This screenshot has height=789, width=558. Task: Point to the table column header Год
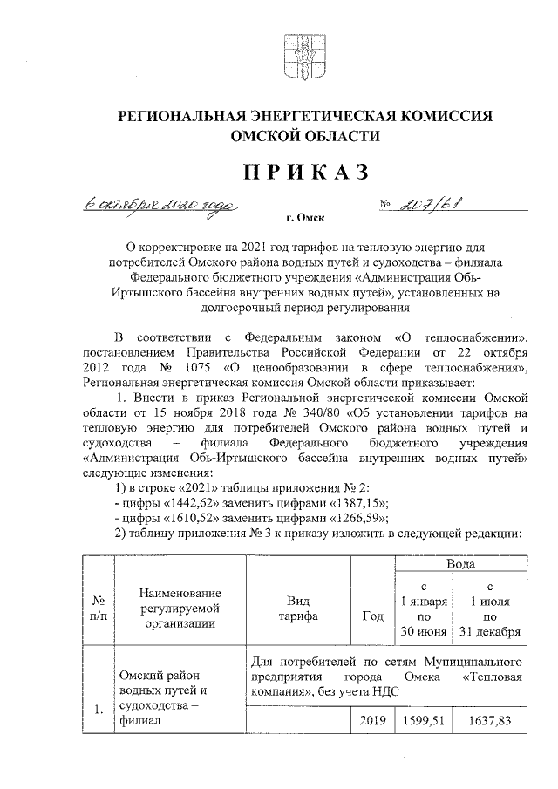(371, 616)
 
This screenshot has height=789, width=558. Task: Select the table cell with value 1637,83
(491, 720)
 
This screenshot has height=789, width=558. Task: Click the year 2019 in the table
(371, 720)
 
